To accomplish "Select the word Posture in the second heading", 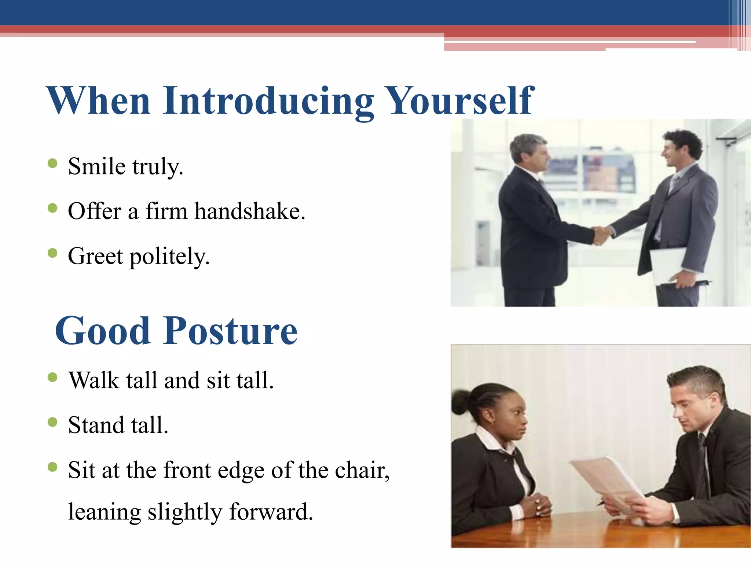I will (x=230, y=331).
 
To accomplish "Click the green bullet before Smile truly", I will (x=53, y=163).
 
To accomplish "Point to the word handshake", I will (x=249, y=211).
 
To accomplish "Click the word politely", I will (x=169, y=257).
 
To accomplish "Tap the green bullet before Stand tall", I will (x=53, y=422).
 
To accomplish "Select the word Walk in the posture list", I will (x=94, y=380).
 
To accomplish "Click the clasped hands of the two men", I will (x=602, y=235).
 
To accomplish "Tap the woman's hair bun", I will (x=459, y=402).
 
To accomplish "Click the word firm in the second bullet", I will (x=166, y=211).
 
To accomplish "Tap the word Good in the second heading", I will (x=103, y=331).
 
